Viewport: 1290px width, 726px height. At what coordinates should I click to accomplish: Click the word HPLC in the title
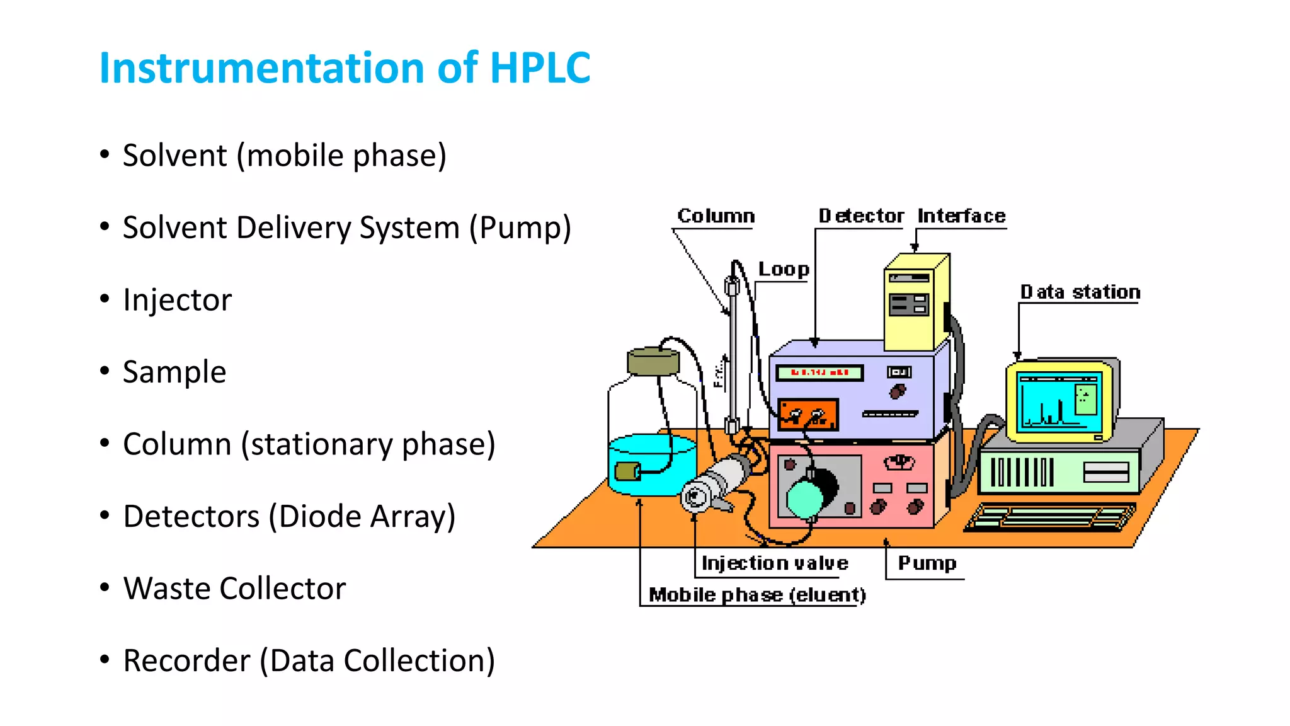[x=540, y=68]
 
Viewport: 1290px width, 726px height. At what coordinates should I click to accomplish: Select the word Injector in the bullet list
[x=177, y=300]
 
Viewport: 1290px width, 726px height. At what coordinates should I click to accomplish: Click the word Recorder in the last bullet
[x=186, y=661]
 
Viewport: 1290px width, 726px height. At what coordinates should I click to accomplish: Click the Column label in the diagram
[x=716, y=216]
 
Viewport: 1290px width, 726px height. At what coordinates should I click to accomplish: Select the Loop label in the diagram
[x=783, y=269]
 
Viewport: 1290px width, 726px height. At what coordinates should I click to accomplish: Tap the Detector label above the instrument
[x=860, y=216]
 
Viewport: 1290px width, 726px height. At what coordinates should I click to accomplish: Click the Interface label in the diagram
[x=961, y=216]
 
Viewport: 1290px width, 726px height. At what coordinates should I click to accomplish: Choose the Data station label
[x=1080, y=292]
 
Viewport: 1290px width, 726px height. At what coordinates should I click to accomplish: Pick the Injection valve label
[x=774, y=563]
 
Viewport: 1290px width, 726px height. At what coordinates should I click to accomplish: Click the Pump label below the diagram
[x=927, y=563]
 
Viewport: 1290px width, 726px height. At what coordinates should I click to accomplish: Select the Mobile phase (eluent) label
[x=756, y=595]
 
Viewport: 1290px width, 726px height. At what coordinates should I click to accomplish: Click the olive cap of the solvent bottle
[x=653, y=362]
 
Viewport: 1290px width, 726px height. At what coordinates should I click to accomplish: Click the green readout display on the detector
[x=819, y=372]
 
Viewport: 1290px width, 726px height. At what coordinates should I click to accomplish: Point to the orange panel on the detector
[x=808, y=414]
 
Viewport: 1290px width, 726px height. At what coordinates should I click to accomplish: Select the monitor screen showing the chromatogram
[x=1059, y=401]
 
